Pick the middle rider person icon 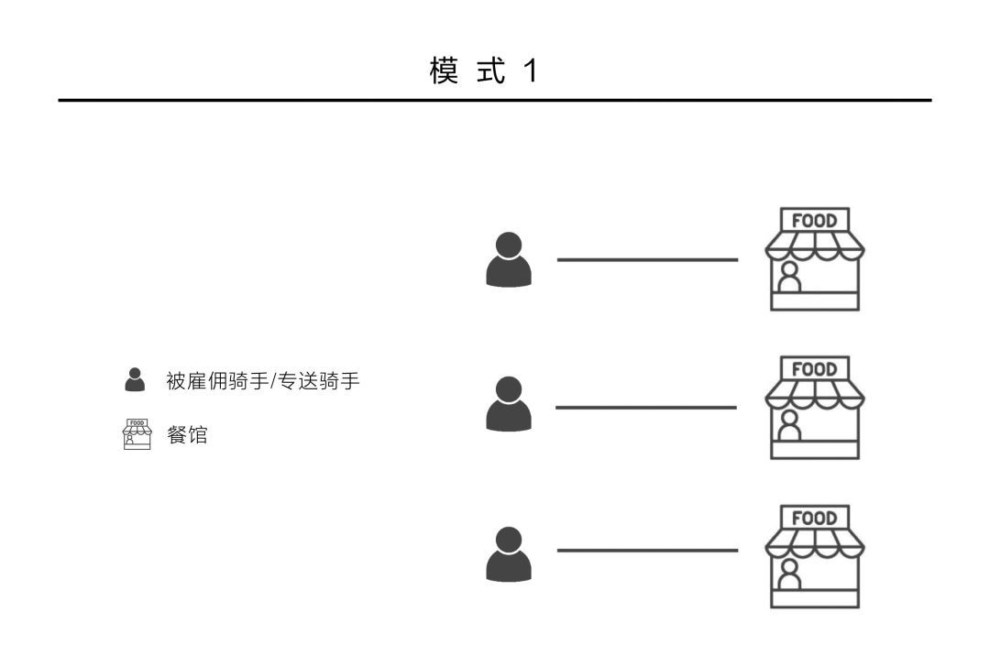509,404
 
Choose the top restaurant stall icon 815,260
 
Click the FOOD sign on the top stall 815,221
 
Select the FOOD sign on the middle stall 815,369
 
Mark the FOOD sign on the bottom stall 815,518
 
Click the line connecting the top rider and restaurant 647,260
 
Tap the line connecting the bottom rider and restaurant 647,551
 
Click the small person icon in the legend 136,379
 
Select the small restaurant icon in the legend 136,434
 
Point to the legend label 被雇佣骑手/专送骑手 262,380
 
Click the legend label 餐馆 186,435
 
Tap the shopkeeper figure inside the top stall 788,277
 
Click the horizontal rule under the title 495,100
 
